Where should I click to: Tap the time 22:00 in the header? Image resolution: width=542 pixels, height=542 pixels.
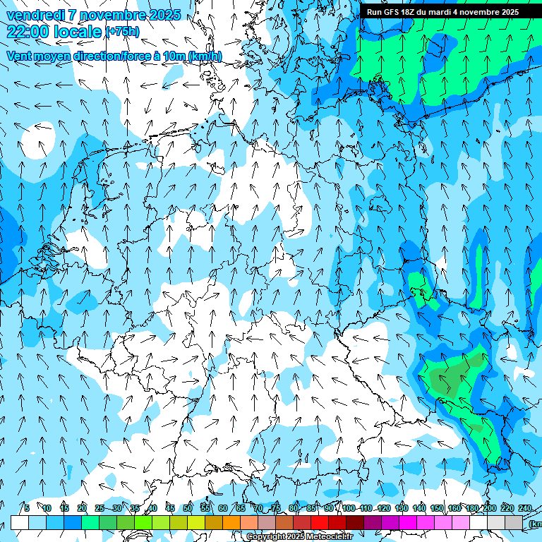[26, 32]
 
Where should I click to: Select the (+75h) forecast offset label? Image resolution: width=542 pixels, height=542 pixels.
[122, 32]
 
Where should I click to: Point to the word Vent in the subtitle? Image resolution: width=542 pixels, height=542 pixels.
[19, 56]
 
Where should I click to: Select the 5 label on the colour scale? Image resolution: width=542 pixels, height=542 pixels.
[27, 509]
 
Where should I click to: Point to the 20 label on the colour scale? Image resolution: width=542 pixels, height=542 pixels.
[82, 509]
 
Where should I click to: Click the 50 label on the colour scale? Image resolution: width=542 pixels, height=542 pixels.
[188, 509]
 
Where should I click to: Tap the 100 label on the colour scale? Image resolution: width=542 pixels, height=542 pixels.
[349, 509]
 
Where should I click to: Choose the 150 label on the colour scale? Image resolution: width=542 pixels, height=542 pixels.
[437, 509]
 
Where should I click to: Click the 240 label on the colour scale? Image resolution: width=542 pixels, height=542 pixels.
[525, 509]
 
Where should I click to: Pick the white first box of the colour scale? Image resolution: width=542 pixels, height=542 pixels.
[20, 522]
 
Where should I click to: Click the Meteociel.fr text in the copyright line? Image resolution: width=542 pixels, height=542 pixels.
[327, 537]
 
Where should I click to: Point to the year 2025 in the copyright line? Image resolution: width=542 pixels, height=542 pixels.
[294, 537]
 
